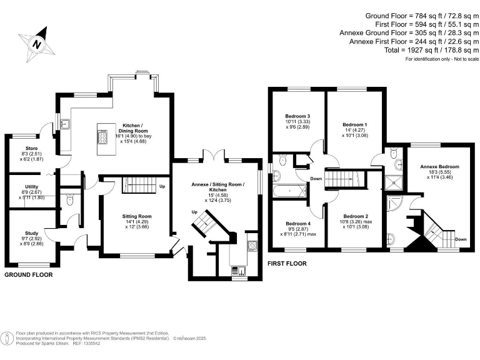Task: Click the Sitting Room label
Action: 136,216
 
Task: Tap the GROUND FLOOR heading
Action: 29,274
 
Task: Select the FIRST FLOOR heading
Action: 287,264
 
